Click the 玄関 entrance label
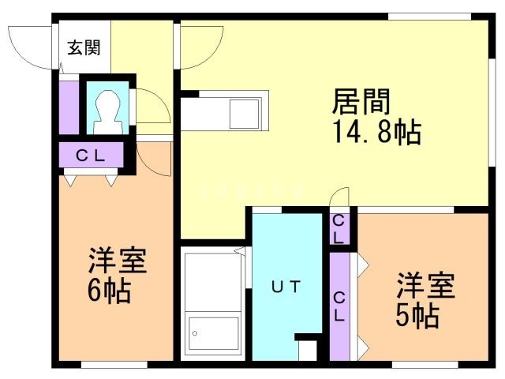[x=84, y=47]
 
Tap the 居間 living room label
[x=361, y=102]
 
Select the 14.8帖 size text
[x=377, y=132]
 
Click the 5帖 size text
[x=417, y=316]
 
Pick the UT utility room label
[x=286, y=287]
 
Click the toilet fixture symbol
[x=108, y=112]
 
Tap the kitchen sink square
[x=244, y=114]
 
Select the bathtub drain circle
[x=195, y=333]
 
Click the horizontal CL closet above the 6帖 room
[x=92, y=155]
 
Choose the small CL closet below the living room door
[x=339, y=229]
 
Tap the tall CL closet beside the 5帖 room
[x=339, y=306]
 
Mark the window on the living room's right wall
[x=492, y=113]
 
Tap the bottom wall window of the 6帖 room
[x=114, y=365]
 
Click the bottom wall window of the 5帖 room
[x=425, y=365]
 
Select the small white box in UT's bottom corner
[x=308, y=351]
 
